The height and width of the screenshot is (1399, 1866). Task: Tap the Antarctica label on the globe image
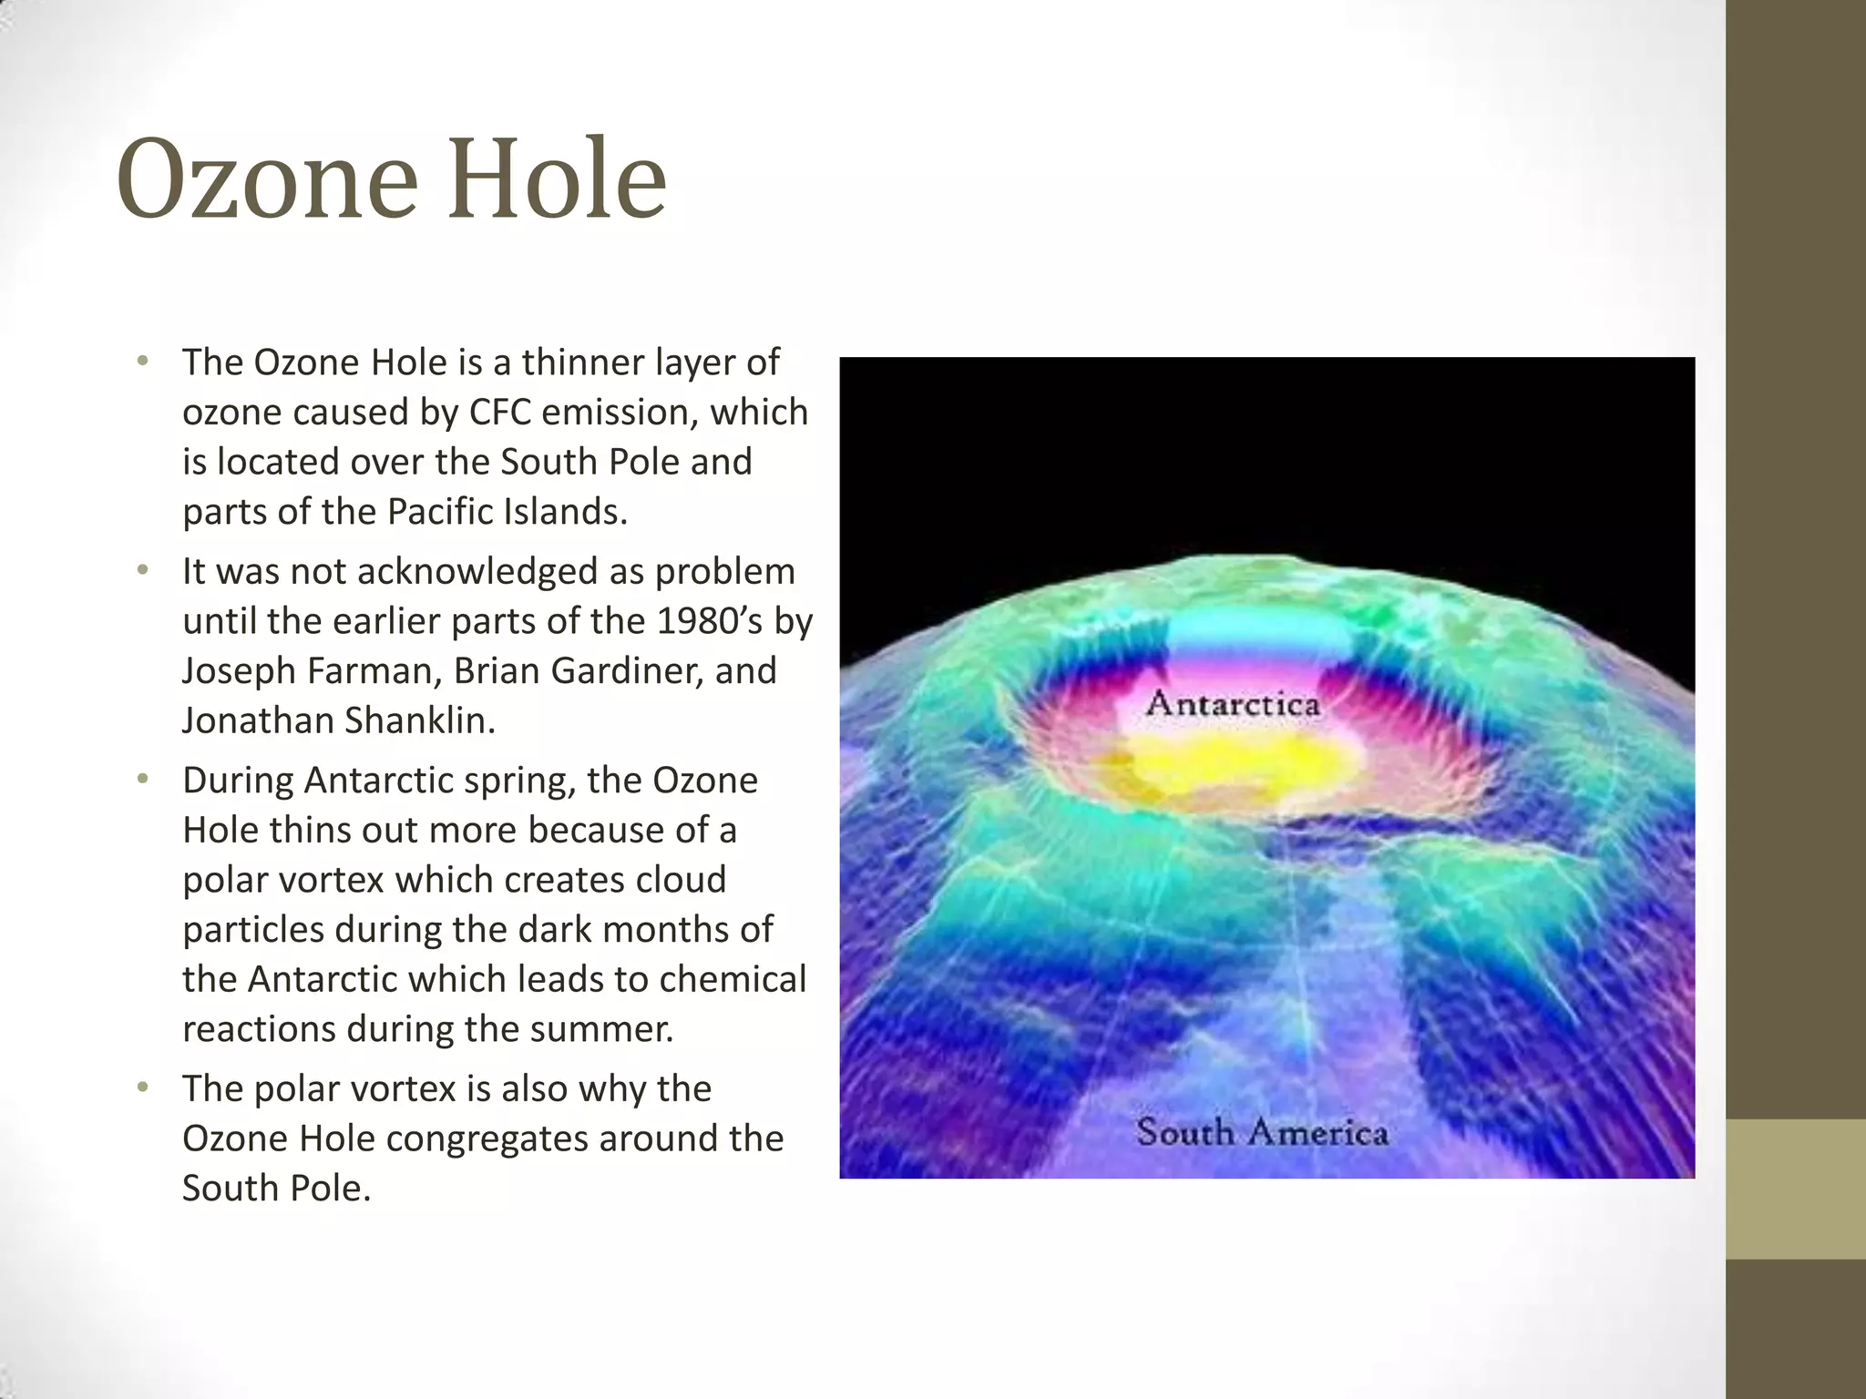point(1233,703)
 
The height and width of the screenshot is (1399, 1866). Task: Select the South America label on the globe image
point(1262,1132)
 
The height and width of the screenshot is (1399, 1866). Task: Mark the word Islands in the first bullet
point(565,512)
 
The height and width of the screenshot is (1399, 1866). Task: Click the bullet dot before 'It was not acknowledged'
point(141,571)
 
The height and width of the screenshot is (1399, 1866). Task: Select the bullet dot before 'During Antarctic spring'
point(141,780)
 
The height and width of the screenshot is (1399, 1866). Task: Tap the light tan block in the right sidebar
point(1796,1189)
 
